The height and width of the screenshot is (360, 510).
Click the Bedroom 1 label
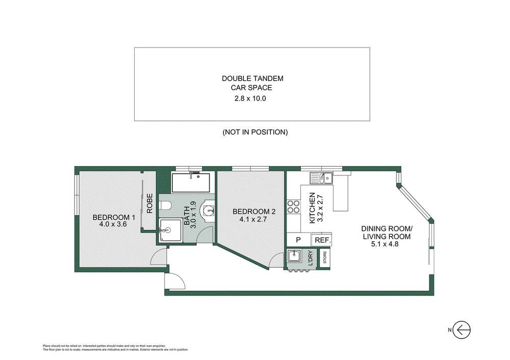tap(108, 218)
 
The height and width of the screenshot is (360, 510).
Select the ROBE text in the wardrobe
tap(150, 203)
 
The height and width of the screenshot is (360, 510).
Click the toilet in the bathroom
tap(165, 206)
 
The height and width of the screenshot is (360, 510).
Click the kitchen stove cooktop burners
tap(293, 207)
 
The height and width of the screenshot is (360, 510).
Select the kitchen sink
tap(322, 178)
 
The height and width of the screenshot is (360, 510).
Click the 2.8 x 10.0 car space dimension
tap(252, 98)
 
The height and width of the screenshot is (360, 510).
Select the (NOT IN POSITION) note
tap(255, 132)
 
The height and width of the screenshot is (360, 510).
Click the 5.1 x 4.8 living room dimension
tap(387, 244)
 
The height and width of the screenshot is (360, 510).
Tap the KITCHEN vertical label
tap(314, 208)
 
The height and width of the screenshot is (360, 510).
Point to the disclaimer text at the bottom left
tap(115, 348)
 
